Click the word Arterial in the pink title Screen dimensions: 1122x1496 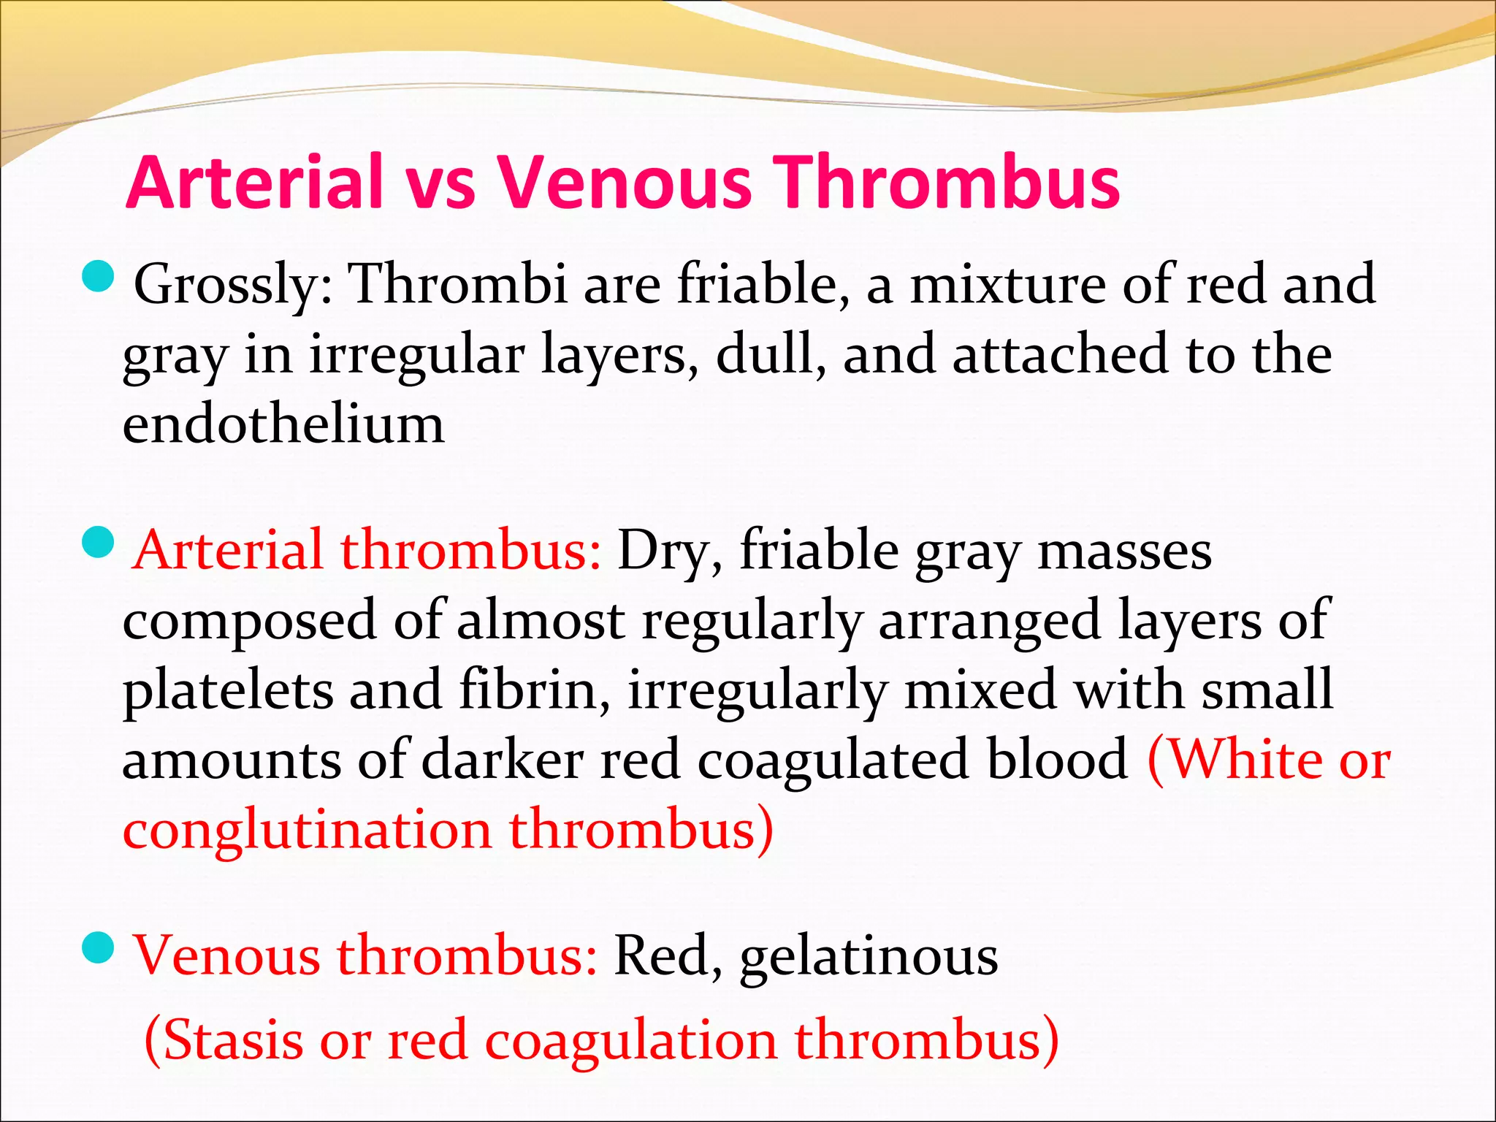[254, 183]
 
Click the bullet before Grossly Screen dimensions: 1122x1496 [97, 277]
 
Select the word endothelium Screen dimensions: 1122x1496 [283, 425]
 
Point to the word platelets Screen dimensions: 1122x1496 [226, 691]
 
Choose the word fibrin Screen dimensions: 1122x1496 [535, 691]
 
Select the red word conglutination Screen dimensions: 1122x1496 [307, 831]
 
